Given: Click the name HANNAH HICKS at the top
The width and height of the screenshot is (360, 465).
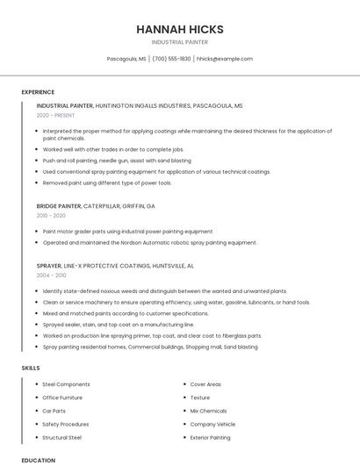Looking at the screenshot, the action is (x=179, y=29).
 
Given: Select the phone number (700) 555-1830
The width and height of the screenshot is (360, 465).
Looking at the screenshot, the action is (x=171, y=59).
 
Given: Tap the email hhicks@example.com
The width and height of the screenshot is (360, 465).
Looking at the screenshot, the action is (x=225, y=59).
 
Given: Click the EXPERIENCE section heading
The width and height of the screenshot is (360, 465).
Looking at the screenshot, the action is (x=38, y=92).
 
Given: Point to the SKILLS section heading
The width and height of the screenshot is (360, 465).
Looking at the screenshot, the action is (x=30, y=368).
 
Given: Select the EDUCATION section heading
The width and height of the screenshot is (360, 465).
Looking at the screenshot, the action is (x=38, y=460).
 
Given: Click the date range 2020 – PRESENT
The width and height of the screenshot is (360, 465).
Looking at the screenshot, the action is (x=55, y=115).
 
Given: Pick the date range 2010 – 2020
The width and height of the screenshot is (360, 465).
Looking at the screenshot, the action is (x=51, y=215).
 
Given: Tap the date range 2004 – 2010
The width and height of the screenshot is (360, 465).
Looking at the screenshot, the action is (x=51, y=275).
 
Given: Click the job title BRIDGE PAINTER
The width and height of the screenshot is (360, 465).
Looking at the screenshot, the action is (x=59, y=205).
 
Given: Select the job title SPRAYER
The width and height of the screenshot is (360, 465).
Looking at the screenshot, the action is (x=49, y=265).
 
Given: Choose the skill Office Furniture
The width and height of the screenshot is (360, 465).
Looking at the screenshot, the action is (x=62, y=397).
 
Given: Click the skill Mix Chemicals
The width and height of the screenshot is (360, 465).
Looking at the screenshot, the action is (x=208, y=411).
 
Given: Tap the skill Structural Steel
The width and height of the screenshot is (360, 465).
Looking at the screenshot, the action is (x=61, y=437).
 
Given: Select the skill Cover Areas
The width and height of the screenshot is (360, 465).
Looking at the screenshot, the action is (x=205, y=384).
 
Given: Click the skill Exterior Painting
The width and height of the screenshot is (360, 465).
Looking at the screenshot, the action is (x=210, y=437).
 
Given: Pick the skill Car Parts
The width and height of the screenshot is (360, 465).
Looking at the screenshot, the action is (x=54, y=411).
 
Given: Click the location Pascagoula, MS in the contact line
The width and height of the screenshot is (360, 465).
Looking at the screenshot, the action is (x=126, y=59).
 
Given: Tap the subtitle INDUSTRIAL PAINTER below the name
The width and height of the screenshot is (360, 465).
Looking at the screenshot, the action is (x=179, y=41).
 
